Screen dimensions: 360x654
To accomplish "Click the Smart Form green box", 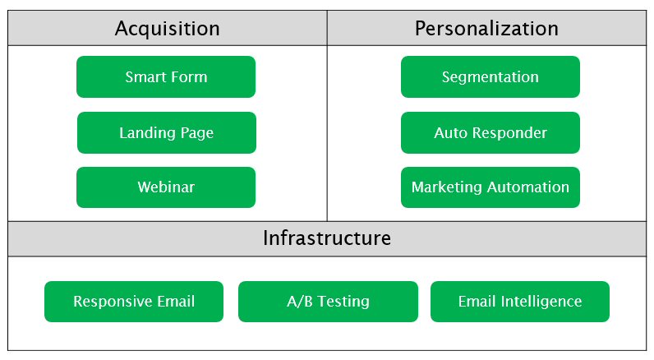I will click(166, 77).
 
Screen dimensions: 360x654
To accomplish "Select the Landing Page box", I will click(166, 133).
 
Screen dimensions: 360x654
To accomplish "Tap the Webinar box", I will click(166, 187).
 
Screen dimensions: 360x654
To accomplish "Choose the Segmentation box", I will click(490, 77).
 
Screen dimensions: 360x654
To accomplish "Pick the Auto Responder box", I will click(490, 133).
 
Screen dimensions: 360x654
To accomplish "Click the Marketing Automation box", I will click(490, 187).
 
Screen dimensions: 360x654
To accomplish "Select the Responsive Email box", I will click(134, 302).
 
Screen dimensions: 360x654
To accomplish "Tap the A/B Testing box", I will click(328, 302).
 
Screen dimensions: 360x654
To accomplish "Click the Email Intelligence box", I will click(519, 302).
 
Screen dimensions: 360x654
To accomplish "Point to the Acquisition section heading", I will click(167, 29).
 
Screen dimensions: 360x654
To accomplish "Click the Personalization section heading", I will click(486, 29).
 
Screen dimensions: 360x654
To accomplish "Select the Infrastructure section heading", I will click(327, 238).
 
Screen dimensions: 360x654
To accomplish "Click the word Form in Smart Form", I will click(189, 77).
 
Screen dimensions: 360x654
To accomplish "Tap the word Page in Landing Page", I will click(196, 133).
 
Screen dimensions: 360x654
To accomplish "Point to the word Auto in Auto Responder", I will click(449, 133).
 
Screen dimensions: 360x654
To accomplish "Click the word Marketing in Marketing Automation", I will click(447, 187).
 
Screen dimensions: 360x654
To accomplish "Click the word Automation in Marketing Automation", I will click(528, 187).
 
